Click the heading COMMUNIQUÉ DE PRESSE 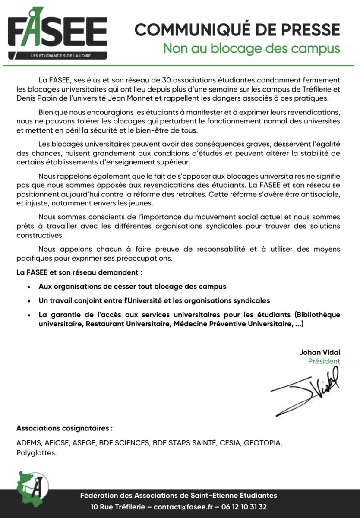click(237, 30)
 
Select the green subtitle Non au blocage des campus click(251, 47)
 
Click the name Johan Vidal click(319, 352)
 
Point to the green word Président click(324, 361)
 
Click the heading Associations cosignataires click(64, 428)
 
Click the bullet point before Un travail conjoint click(29, 300)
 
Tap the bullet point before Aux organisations click(29, 287)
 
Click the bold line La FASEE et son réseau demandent click(79, 273)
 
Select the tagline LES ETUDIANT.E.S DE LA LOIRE click(58, 55)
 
